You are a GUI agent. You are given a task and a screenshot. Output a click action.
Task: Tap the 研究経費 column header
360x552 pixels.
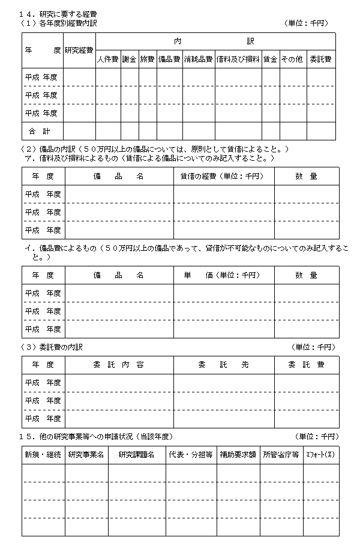click(79, 50)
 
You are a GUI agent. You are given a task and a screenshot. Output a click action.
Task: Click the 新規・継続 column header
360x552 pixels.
click(43, 455)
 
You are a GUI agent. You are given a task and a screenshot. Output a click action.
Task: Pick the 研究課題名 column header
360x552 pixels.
click(137, 455)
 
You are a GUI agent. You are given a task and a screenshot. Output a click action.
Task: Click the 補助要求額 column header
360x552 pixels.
click(238, 455)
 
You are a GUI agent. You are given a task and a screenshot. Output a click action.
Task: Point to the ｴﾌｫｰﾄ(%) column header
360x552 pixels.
click(321, 455)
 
